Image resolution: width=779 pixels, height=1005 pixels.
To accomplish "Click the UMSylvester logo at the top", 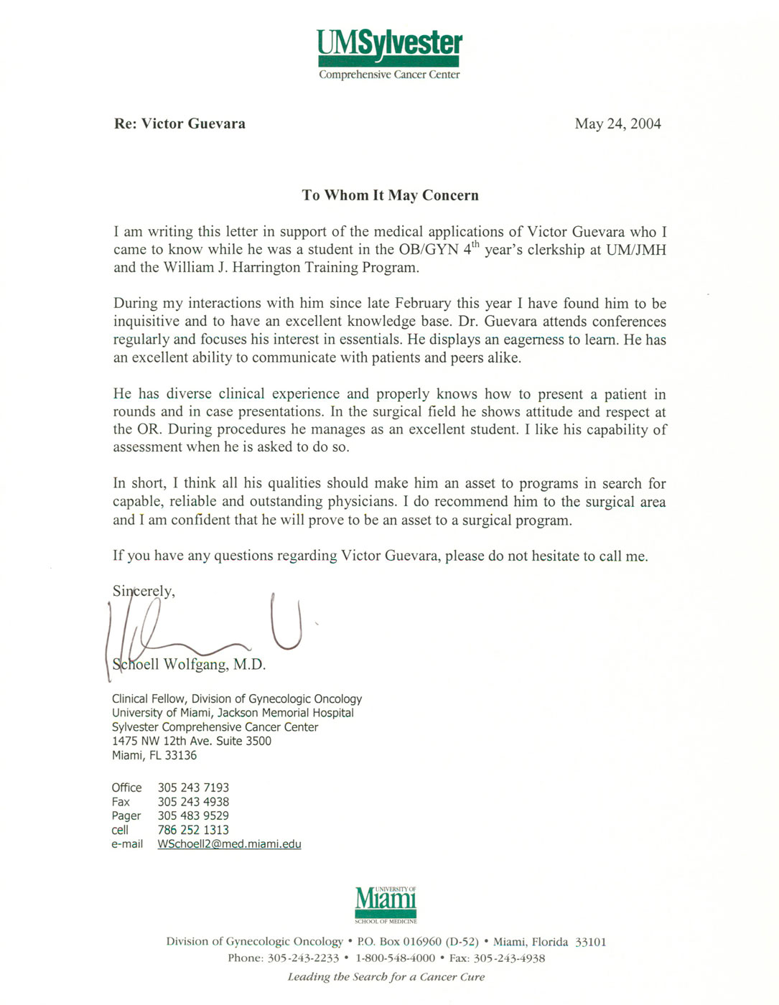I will (x=390, y=55).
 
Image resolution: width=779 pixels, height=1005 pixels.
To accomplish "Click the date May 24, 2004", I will (x=617, y=124).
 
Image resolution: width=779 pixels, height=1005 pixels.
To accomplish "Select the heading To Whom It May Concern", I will (x=390, y=195).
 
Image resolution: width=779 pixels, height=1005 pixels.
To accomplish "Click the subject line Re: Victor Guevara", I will (x=179, y=124).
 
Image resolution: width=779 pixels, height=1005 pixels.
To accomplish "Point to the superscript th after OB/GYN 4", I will (x=475, y=245).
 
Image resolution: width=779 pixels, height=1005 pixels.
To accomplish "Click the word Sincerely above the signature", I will (x=144, y=592).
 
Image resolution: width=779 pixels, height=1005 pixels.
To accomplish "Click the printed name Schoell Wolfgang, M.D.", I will (x=190, y=665).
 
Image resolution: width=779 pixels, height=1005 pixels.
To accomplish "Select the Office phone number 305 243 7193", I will (x=193, y=787).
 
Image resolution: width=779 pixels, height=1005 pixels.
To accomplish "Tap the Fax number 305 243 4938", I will (x=193, y=802).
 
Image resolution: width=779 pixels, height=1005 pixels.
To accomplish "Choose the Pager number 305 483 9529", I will (x=193, y=815).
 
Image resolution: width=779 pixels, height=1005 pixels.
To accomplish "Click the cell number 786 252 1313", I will (x=193, y=830).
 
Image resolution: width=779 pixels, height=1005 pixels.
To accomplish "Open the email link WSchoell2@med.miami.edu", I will (x=229, y=844).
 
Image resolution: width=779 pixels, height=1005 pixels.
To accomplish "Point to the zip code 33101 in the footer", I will (x=591, y=942).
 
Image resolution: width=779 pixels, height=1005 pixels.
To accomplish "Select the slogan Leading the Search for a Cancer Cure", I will (x=386, y=977).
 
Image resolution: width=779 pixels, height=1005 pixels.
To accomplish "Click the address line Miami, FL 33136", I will (x=154, y=755).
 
